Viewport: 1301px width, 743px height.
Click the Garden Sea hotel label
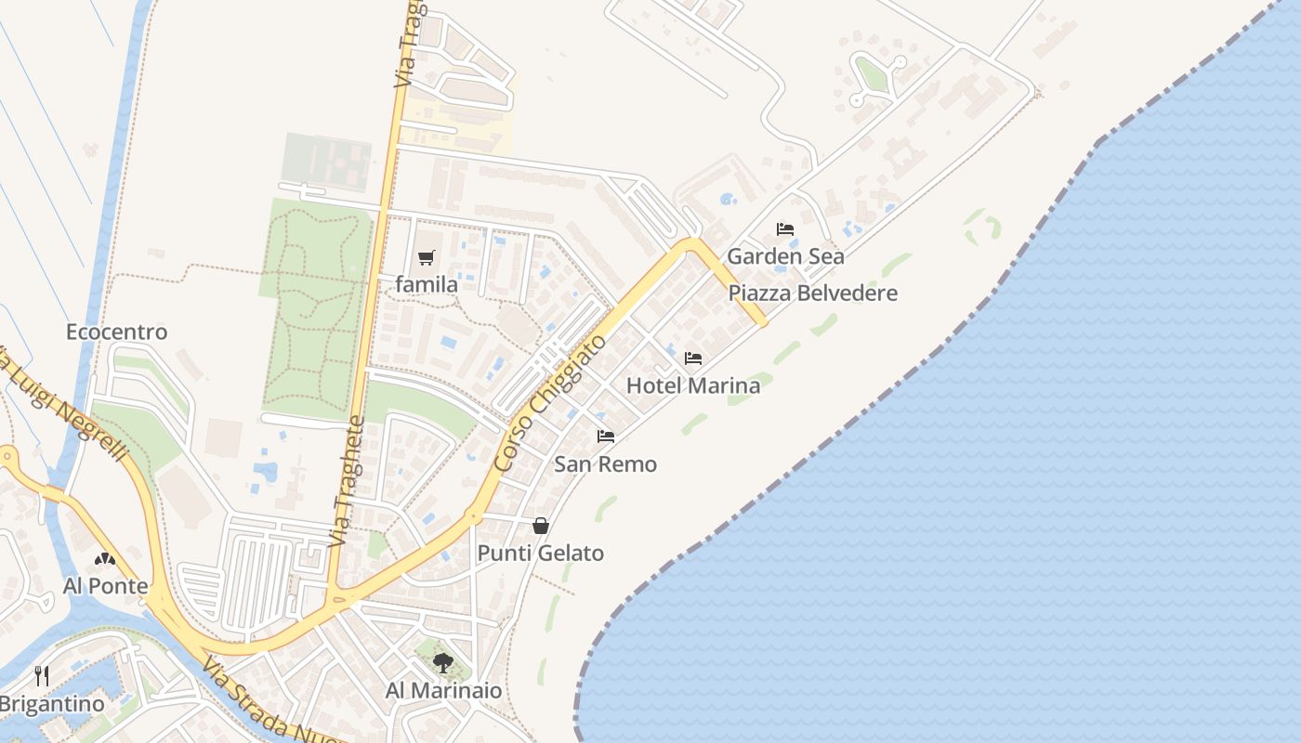785,256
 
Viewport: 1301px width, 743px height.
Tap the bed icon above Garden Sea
785,228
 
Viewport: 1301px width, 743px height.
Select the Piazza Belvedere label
812,293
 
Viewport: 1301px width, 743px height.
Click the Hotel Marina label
693,385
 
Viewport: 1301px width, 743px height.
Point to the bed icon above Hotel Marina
693,358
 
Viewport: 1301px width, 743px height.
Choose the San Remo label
606,464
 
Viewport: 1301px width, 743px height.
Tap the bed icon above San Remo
606,436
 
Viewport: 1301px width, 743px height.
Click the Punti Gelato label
541,554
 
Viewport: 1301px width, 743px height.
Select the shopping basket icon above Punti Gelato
541,526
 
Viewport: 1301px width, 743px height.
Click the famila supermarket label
427,285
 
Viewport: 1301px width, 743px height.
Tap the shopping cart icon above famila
427,257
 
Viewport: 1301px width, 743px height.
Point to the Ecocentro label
117,332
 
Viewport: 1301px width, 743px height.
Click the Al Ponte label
105,586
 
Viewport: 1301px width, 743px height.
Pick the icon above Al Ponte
105,559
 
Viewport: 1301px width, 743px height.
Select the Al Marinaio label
443,691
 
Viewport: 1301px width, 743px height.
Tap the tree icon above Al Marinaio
443,663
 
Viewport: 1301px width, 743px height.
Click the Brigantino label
52,704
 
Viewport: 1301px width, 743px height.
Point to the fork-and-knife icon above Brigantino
42,675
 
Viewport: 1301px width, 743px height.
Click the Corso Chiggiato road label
551,402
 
